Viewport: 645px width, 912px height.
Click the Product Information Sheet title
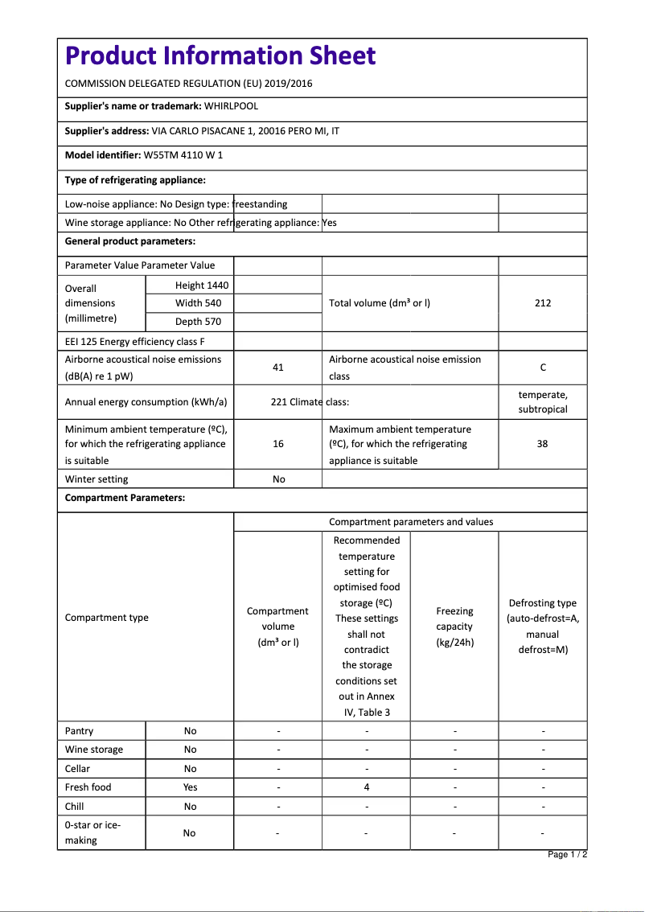coord(220,55)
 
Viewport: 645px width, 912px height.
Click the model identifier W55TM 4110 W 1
coord(183,155)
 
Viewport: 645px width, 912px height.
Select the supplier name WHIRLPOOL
coord(231,106)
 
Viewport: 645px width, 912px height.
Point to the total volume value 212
coord(543,303)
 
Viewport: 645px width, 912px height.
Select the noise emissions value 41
coord(278,368)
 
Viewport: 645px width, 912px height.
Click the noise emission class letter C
coord(543,368)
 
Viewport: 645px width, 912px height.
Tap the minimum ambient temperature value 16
coord(278,444)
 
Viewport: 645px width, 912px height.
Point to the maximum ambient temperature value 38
coord(543,444)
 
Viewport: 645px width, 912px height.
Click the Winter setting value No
coord(278,479)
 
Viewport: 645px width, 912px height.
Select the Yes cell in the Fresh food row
coord(190,787)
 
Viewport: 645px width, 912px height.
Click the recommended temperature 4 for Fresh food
coord(367,787)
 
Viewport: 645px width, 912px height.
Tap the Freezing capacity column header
coord(454,626)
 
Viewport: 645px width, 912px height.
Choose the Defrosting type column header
coord(543,626)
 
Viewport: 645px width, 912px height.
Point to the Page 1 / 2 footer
coord(567,855)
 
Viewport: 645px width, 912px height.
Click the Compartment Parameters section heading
coord(125,498)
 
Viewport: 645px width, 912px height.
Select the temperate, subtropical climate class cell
coord(543,402)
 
